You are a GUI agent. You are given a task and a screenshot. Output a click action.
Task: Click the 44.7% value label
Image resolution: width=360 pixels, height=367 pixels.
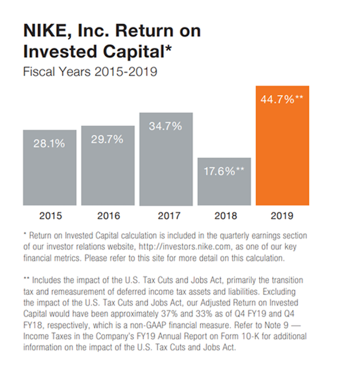(x=282, y=100)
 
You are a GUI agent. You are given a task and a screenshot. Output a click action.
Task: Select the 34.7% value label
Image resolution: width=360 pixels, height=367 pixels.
(x=166, y=127)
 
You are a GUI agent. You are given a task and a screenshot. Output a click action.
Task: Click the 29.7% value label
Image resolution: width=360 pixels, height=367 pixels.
(x=107, y=139)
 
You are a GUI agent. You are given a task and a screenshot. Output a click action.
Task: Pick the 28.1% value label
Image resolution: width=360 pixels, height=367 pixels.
(x=49, y=143)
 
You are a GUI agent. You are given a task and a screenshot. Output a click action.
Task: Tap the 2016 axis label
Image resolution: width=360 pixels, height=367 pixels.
(x=108, y=216)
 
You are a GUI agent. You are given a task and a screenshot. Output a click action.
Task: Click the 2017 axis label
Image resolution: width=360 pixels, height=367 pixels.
(x=166, y=216)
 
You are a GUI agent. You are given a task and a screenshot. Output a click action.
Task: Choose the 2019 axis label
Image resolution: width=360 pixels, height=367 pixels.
(x=282, y=216)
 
